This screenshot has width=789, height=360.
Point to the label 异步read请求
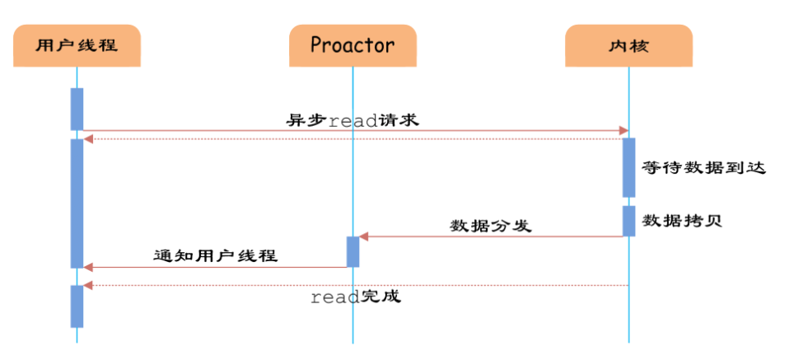click(x=352, y=119)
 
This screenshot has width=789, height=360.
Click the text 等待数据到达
click(x=704, y=168)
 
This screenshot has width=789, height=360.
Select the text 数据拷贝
click(x=682, y=221)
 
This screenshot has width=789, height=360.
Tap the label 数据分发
click(x=490, y=225)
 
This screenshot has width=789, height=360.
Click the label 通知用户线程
click(x=215, y=255)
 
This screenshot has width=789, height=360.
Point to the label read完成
click(x=355, y=297)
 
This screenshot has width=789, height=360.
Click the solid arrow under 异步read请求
click(x=354, y=130)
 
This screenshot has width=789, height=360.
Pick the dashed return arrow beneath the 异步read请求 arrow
click(x=354, y=138)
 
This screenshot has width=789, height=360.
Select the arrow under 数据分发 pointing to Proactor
click(x=491, y=236)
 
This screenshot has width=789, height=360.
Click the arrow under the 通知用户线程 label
click(x=215, y=267)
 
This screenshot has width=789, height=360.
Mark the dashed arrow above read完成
click(x=354, y=285)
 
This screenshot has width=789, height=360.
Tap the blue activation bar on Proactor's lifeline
click(x=352, y=251)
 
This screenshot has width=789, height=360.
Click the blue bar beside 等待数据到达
click(x=628, y=167)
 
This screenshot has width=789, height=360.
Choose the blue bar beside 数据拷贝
click(x=628, y=221)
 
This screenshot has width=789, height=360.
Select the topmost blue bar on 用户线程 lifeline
click(x=77, y=108)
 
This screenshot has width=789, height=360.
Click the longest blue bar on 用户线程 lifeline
click(x=77, y=203)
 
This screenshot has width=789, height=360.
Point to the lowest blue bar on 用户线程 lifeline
click(x=77, y=306)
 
